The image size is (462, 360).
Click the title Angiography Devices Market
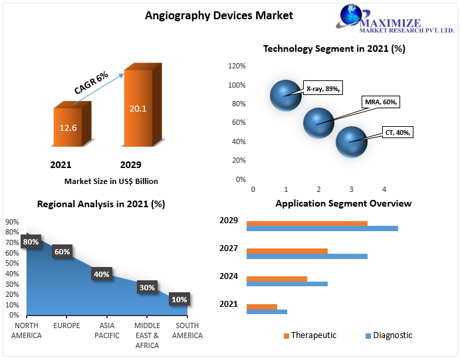click(x=219, y=15)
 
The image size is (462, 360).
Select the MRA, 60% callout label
click(x=381, y=102)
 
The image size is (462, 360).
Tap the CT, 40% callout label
click(x=398, y=132)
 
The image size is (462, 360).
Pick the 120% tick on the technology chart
click(x=237, y=66)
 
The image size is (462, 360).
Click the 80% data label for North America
click(x=31, y=242)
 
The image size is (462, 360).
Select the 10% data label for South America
click(x=179, y=300)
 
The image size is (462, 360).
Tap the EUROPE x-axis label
click(x=66, y=325)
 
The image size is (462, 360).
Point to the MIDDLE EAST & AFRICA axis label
click(x=147, y=335)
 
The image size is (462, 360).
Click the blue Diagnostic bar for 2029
click(x=322, y=228)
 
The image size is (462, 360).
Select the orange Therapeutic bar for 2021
click(x=262, y=307)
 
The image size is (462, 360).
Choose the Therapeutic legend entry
click(x=310, y=335)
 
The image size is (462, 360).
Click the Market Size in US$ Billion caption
click(x=111, y=181)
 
